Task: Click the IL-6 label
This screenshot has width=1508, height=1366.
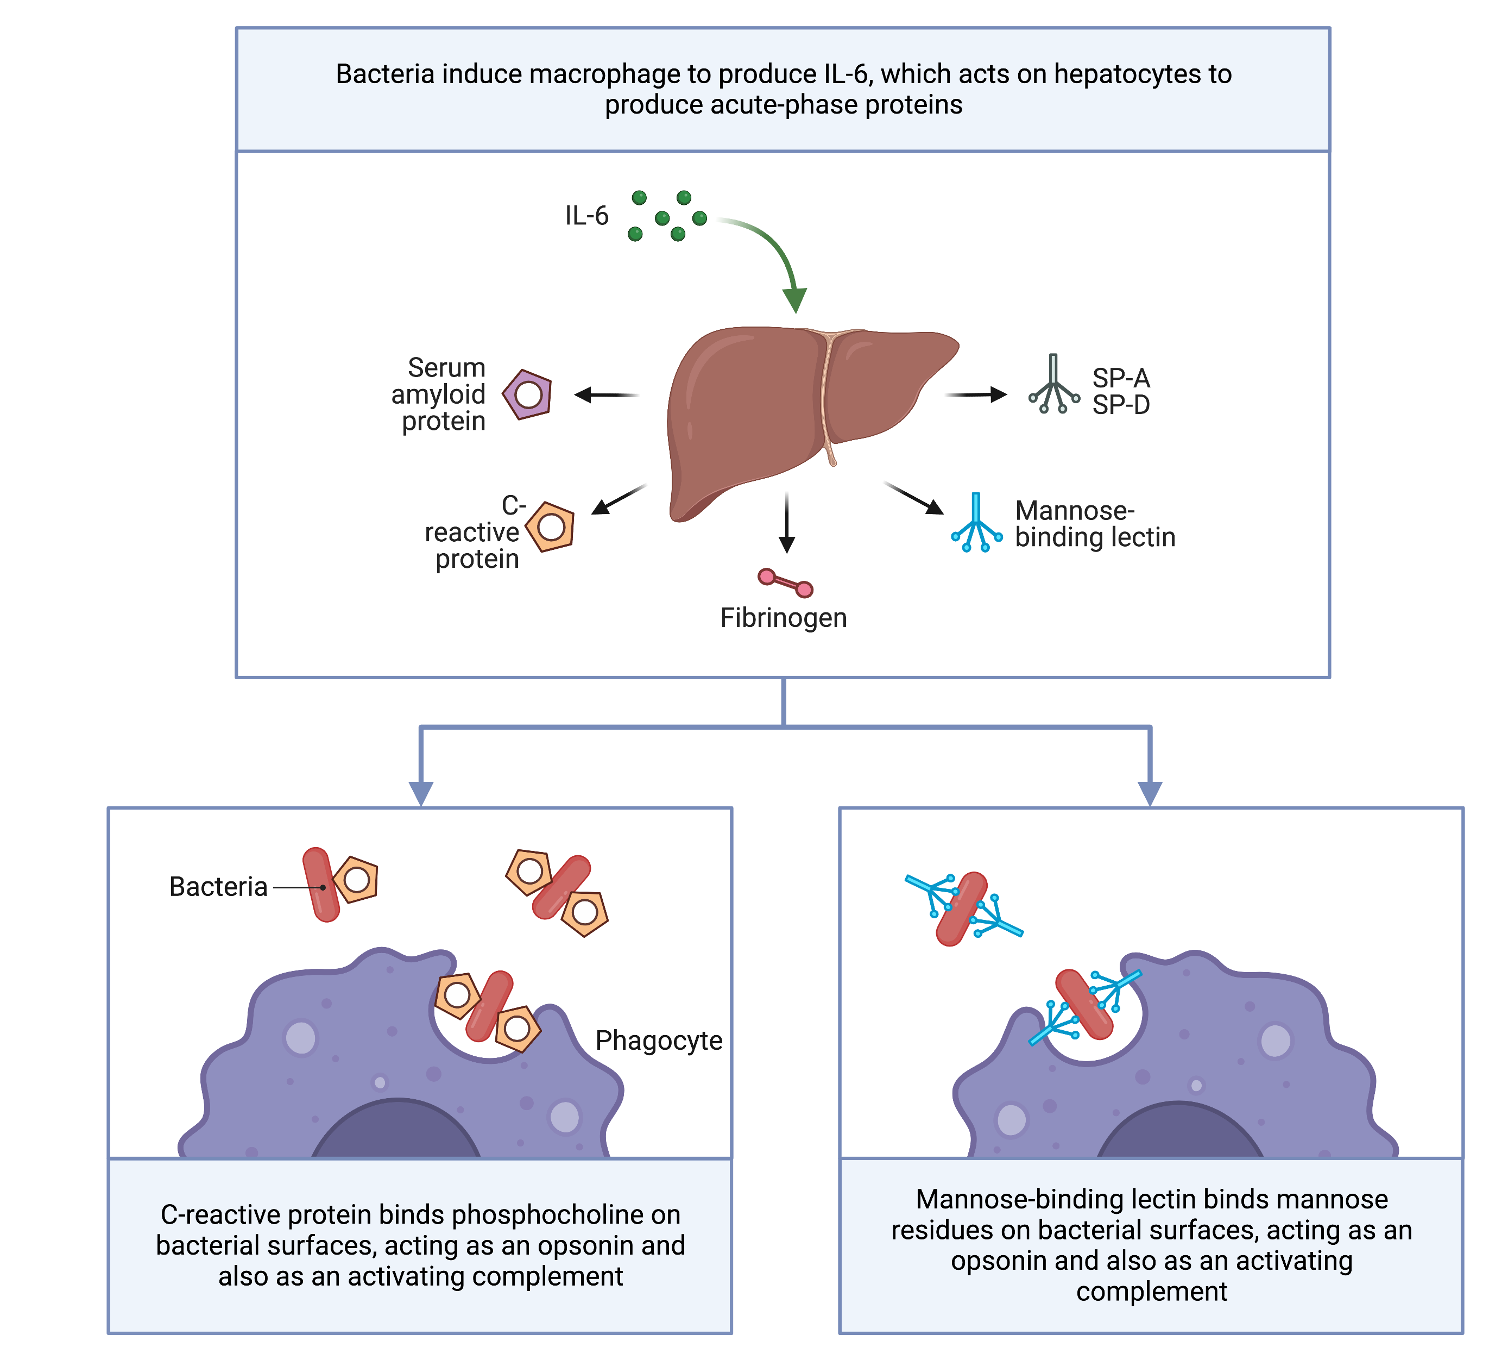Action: [586, 216]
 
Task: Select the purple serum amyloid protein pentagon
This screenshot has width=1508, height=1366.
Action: [527, 394]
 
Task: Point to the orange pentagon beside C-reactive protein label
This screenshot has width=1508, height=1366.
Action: [551, 527]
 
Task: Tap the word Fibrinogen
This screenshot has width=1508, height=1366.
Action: [783, 618]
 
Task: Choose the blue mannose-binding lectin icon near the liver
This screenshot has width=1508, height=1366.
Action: [976, 524]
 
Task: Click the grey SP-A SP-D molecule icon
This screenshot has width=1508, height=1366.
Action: [1053, 385]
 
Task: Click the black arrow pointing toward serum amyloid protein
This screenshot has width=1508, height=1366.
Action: [606, 394]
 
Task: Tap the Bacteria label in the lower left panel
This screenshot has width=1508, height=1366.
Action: [218, 887]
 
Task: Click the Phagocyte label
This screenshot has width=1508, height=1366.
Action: [658, 1041]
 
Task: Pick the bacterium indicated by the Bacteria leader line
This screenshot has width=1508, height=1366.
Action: [321, 885]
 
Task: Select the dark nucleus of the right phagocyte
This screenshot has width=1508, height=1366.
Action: [1179, 1134]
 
